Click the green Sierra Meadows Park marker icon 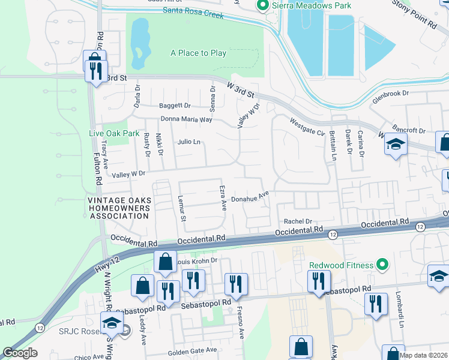[x=262, y=6]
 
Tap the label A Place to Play [x=198, y=53]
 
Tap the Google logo [x=20, y=353]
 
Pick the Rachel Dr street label [x=299, y=221]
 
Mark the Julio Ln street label [x=188, y=142]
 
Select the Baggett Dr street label [x=174, y=106]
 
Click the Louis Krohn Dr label [x=196, y=260]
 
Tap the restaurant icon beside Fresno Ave [x=235, y=284]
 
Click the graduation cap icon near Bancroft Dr [x=396, y=144]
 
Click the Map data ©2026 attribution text [x=423, y=355]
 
